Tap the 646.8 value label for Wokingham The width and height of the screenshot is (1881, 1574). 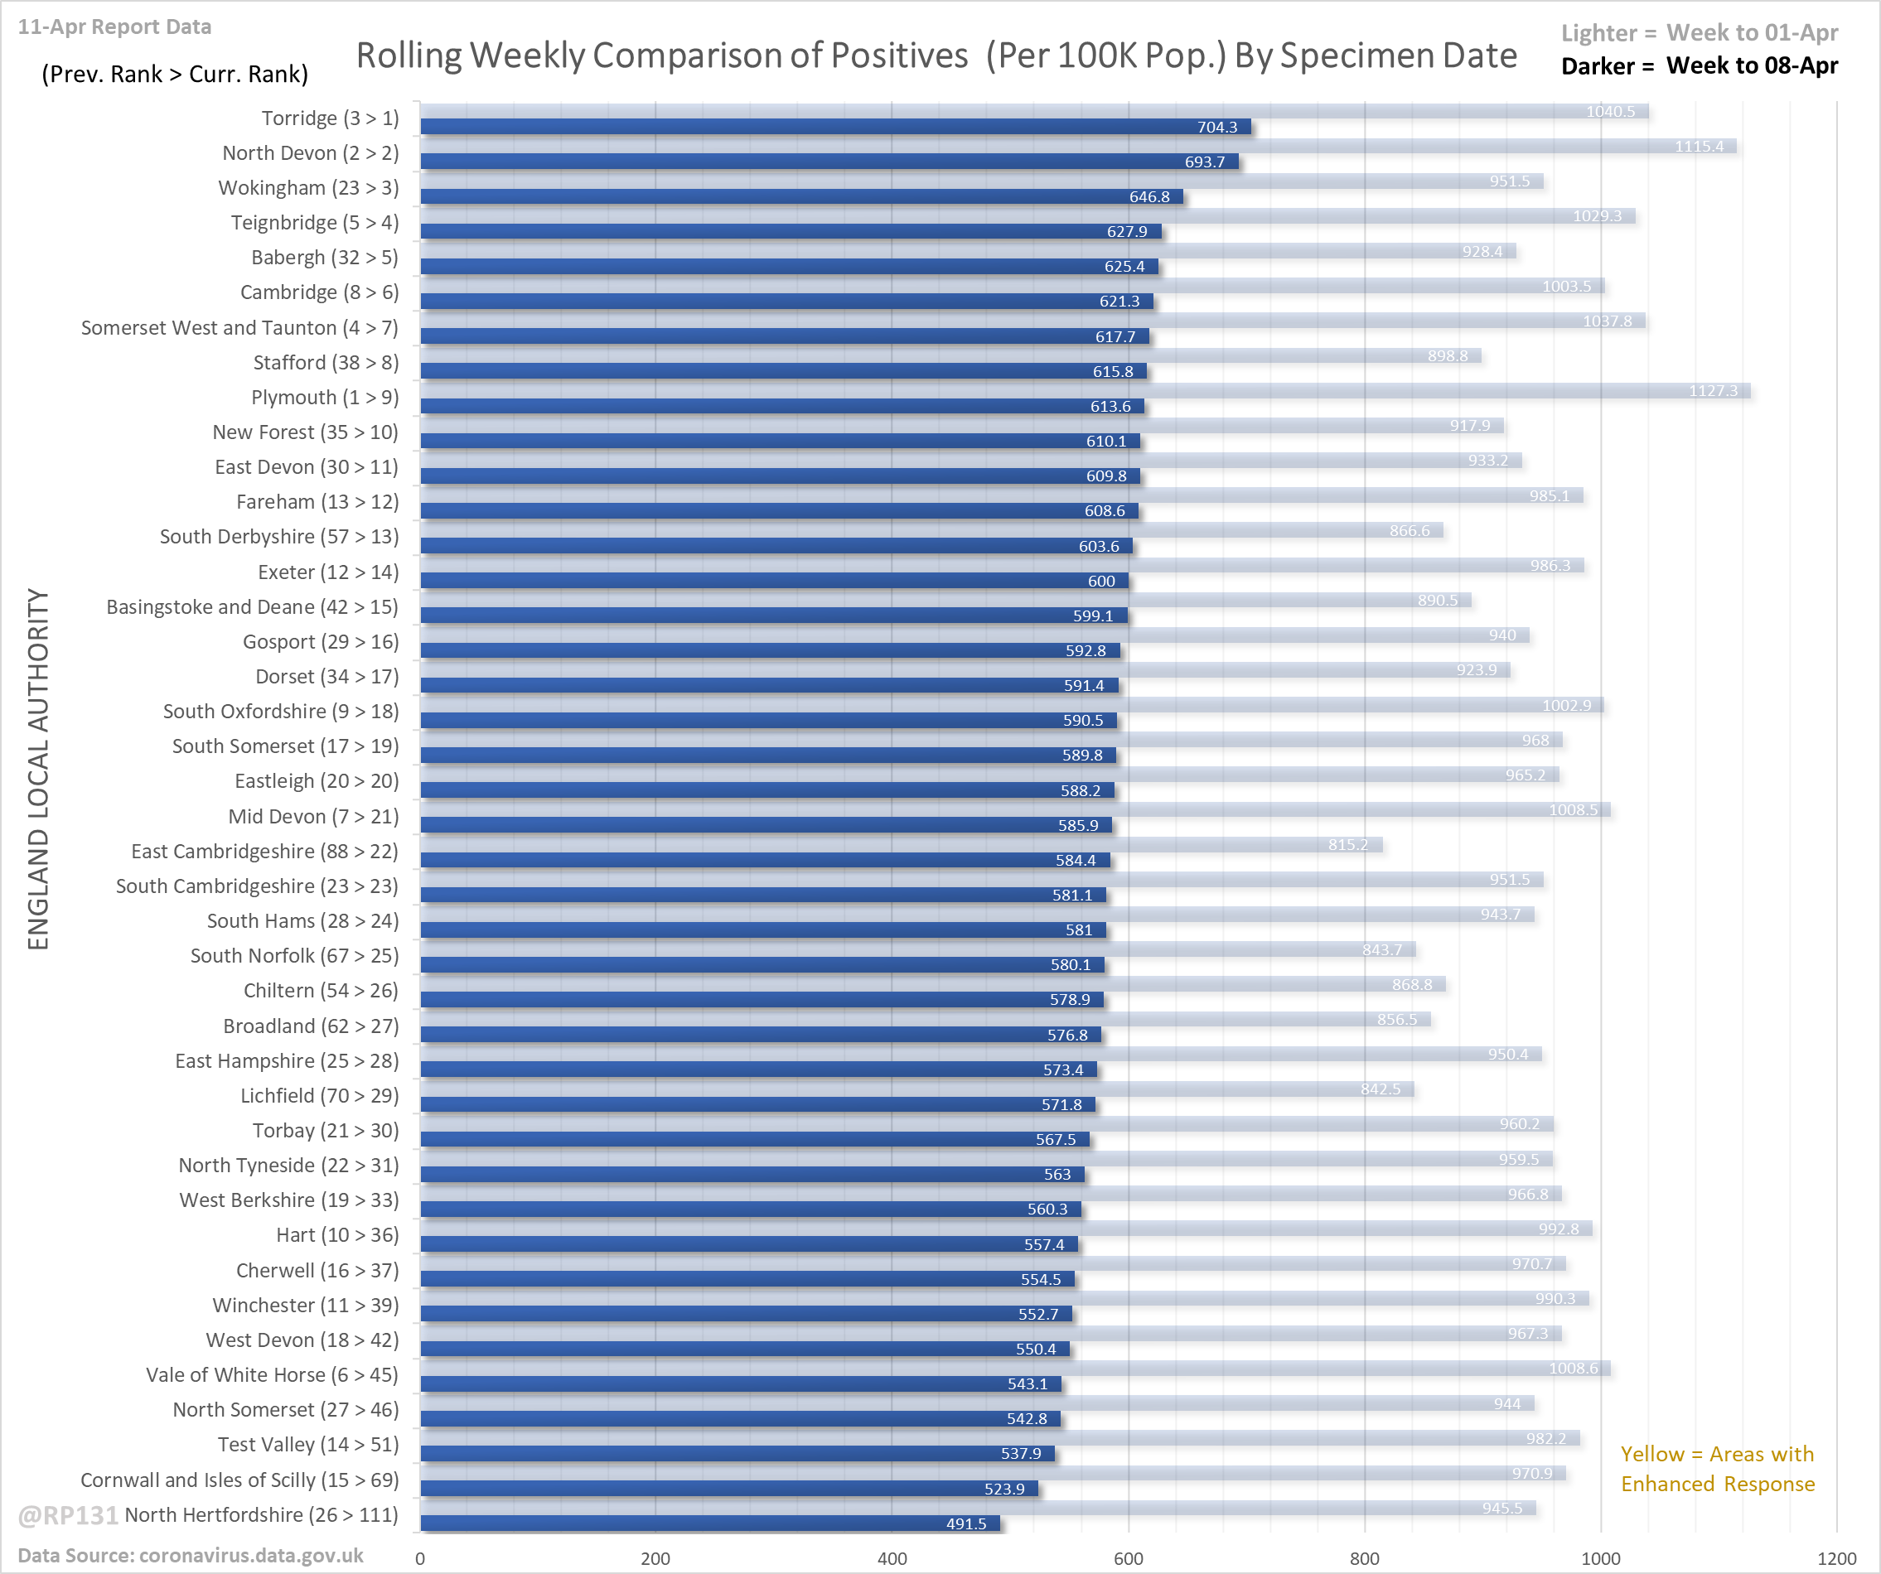[1149, 197]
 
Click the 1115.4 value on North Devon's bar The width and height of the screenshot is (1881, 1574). [1698, 146]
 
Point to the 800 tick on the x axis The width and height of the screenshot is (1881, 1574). [1364, 1558]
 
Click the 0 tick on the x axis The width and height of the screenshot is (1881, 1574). [420, 1558]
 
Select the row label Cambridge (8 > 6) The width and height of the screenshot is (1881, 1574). [319, 292]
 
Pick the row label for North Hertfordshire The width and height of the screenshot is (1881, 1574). [261, 1515]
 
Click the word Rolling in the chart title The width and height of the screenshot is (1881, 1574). [408, 56]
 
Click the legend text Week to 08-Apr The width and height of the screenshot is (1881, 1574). [1751, 66]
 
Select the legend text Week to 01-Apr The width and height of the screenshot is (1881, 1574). [1751, 33]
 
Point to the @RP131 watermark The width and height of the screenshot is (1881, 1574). [68, 1515]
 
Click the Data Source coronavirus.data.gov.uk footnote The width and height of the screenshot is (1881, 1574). [190, 1555]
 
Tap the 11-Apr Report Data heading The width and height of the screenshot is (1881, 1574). [114, 27]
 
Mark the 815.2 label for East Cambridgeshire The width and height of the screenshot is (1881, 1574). [1347, 844]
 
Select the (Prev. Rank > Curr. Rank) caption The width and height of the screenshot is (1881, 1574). [175, 74]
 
